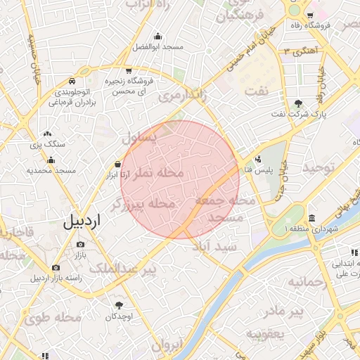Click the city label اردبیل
[x=82, y=221]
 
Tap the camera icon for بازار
[x=80, y=245]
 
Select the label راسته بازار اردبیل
[x=56, y=277]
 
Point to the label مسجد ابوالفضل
[x=157, y=47]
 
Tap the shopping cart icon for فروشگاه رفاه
[x=310, y=15]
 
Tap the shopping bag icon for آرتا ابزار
[x=116, y=165]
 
